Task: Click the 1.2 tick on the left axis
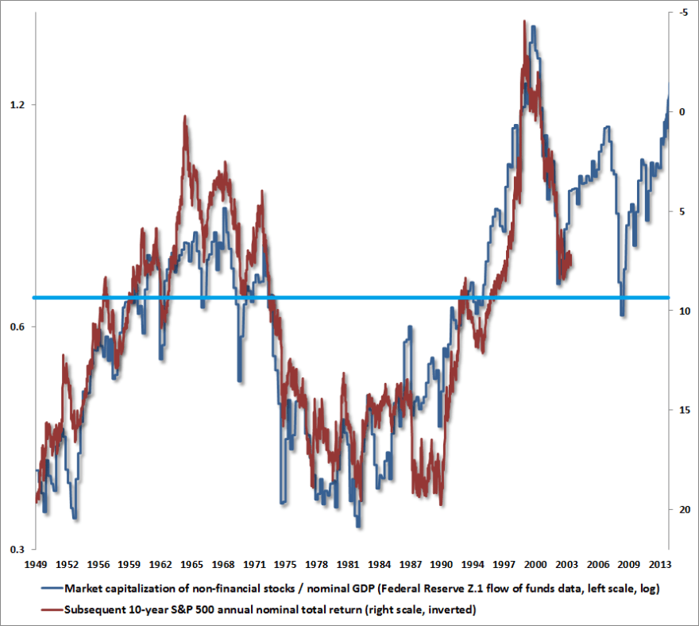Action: [16, 104]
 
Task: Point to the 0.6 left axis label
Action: [16, 327]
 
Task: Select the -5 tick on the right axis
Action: [682, 13]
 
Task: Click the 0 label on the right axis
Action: [682, 112]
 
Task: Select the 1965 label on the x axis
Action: [191, 565]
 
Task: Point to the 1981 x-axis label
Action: [347, 565]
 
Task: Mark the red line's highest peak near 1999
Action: [525, 21]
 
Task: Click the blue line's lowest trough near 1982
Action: [359, 526]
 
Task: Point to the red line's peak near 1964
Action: [185, 117]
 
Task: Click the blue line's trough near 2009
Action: [624, 315]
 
